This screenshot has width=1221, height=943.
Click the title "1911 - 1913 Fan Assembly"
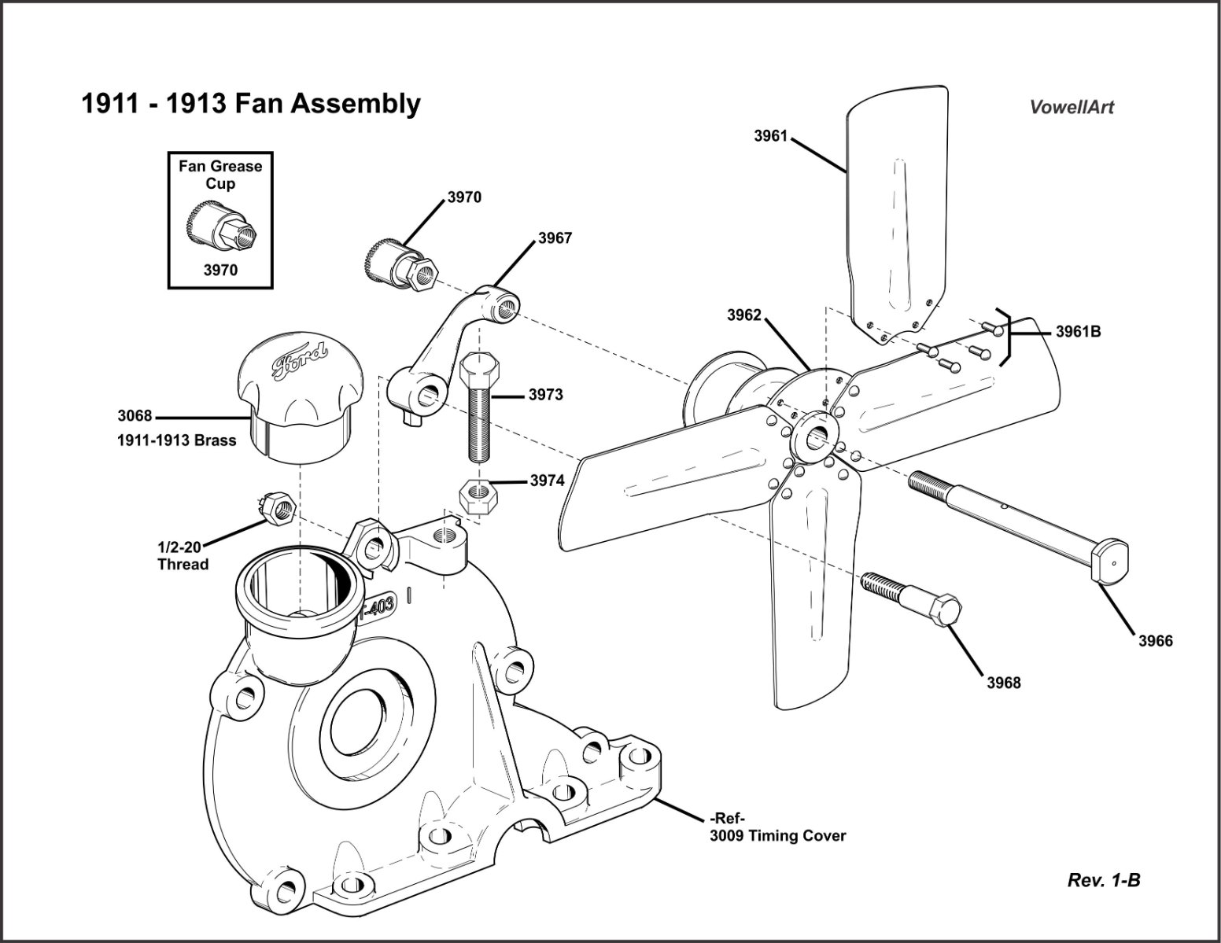point(251,104)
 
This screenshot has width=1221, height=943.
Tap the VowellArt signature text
point(1072,108)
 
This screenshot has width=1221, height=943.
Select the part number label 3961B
point(1078,332)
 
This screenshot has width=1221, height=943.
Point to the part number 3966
point(1155,641)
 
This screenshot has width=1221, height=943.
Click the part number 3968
point(1004,683)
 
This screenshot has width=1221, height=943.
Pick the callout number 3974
point(547,481)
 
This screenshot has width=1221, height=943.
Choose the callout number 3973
point(546,395)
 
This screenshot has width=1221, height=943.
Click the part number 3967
point(555,238)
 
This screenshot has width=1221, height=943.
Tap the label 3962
point(744,315)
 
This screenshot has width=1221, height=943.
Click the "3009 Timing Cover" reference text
point(777,836)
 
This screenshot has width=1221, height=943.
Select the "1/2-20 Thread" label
point(183,556)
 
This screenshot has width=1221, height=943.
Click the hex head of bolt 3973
point(478,367)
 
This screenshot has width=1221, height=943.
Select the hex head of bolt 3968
point(943,610)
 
